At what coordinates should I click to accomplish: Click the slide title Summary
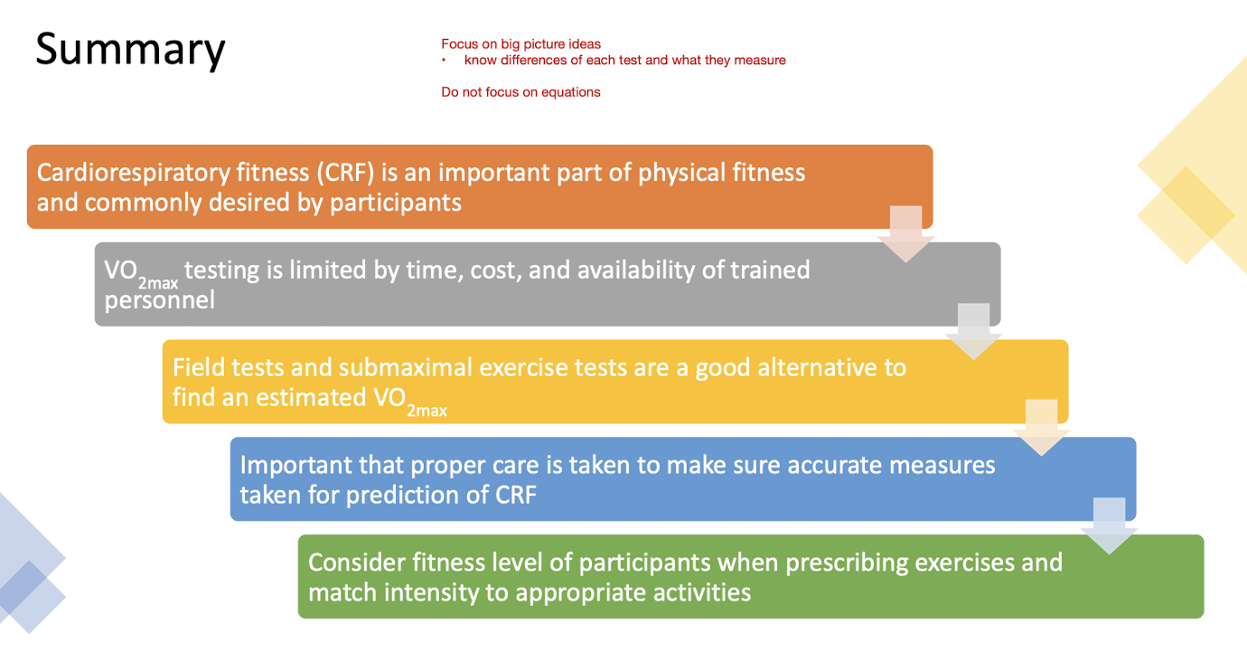(x=130, y=49)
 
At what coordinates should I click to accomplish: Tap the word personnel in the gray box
(x=160, y=299)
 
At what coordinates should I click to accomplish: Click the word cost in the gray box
(x=495, y=270)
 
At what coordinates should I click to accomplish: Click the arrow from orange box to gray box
(x=905, y=234)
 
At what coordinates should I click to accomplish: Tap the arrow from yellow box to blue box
(x=1041, y=428)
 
